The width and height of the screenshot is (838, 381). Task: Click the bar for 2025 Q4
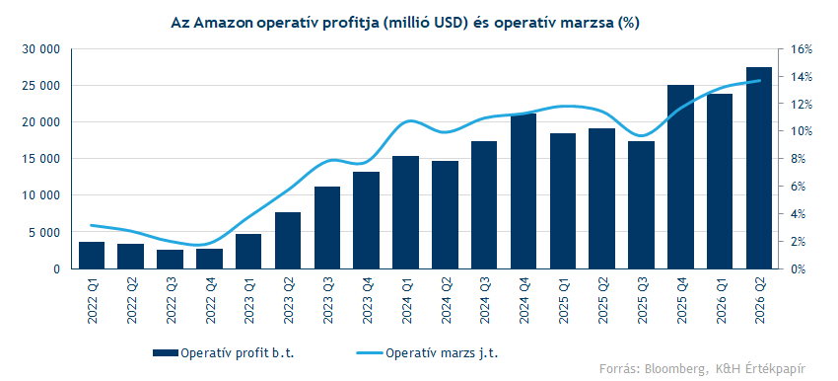click(680, 177)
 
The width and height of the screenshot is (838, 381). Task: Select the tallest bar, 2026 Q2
click(759, 168)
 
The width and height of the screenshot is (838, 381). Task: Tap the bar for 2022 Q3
click(170, 259)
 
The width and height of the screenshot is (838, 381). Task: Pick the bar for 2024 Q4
click(524, 191)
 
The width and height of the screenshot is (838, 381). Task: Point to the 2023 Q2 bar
click(288, 240)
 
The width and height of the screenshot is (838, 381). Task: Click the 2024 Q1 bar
click(405, 212)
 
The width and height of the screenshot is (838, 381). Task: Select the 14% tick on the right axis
click(801, 77)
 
